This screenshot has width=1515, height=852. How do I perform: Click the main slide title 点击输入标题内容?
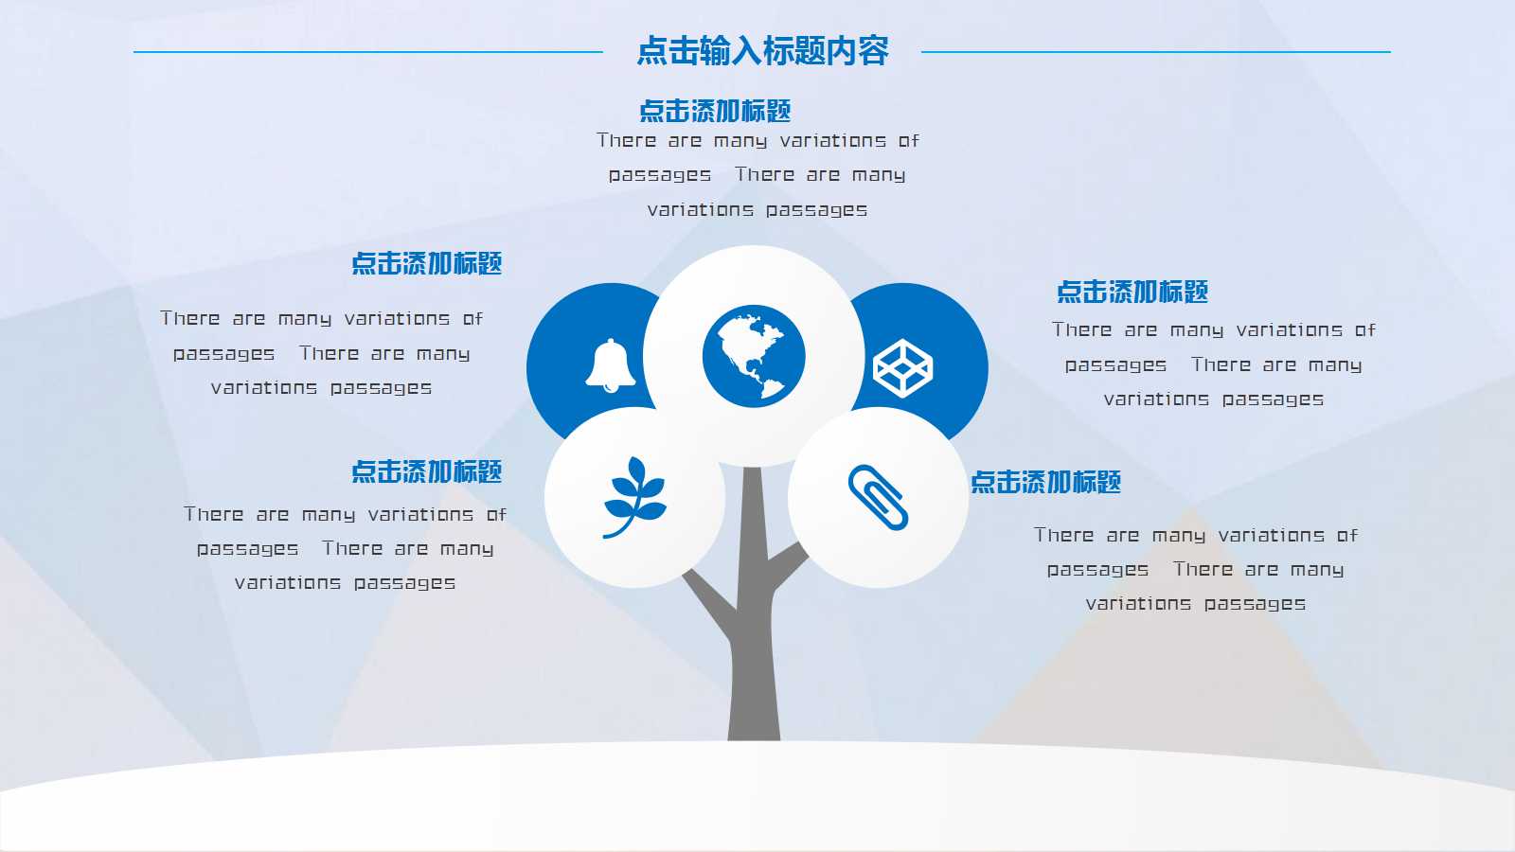tap(762, 51)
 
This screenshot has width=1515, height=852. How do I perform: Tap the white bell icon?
tap(610, 365)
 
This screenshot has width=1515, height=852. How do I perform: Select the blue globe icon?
tap(754, 356)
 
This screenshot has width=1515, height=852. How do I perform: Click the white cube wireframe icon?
tap(903, 368)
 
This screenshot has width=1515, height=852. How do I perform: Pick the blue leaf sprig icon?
tap(634, 497)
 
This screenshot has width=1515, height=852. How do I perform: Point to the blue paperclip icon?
tap(878, 497)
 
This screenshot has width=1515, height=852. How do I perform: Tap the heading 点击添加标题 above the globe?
tap(715, 111)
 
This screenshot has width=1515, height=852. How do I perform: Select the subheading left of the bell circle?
tap(426, 264)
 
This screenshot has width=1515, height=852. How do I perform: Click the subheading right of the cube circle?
tap(1132, 293)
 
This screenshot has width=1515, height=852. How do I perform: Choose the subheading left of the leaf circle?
tap(426, 472)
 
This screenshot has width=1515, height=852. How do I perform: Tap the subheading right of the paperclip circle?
tap(1045, 482)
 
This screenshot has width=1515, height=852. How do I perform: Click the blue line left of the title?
tap(368, 51)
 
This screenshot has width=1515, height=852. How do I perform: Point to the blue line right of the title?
tap(1156, 51)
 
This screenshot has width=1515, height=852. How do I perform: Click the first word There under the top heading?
tap(626, 141)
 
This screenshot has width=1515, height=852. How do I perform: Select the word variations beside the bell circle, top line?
tap(397, 318)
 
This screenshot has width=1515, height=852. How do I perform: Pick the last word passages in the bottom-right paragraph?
tap(1255, 605)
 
